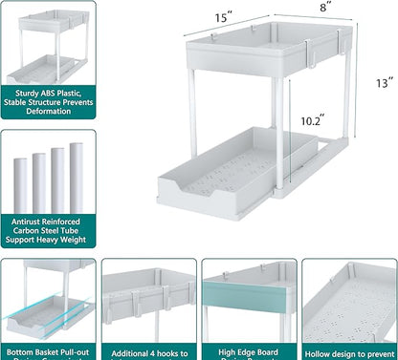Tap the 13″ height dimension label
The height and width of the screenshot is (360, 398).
[383, 84]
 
